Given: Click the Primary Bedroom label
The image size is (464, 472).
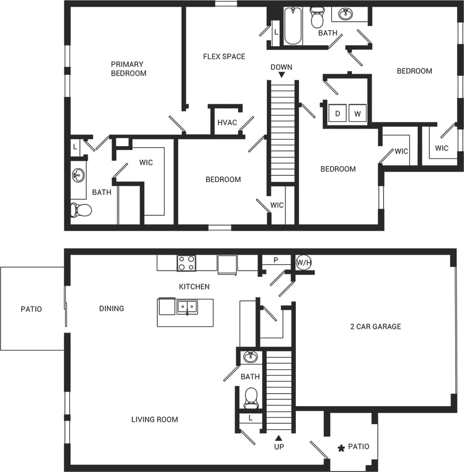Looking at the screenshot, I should point(128,69).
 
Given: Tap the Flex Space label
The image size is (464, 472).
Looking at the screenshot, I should point(224,56).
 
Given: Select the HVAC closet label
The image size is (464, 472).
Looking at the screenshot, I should point(227,123).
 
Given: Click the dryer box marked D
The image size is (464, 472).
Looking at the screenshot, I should point(337,113).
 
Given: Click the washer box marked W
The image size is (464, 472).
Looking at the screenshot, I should point(357,113).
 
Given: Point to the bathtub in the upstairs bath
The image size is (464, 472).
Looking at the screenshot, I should point(293,26).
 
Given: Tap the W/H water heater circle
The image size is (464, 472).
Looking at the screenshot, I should point(304,263).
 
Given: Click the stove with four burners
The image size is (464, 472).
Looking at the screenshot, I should point(186,263).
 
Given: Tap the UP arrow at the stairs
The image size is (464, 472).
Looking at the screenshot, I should point(279,438).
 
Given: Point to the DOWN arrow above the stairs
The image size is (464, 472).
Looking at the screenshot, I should point(281,75).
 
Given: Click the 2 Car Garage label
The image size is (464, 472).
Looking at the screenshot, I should point(375,326).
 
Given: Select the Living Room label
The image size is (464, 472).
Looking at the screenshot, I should point(155,419).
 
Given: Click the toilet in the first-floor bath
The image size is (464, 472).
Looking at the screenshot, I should point(251,397).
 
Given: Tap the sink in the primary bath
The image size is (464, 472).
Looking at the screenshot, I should point(78,175).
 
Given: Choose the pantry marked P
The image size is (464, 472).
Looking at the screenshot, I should point(276,260).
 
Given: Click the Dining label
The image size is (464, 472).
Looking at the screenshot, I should point(112,308).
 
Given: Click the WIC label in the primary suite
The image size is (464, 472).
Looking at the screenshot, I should point(146,162).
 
